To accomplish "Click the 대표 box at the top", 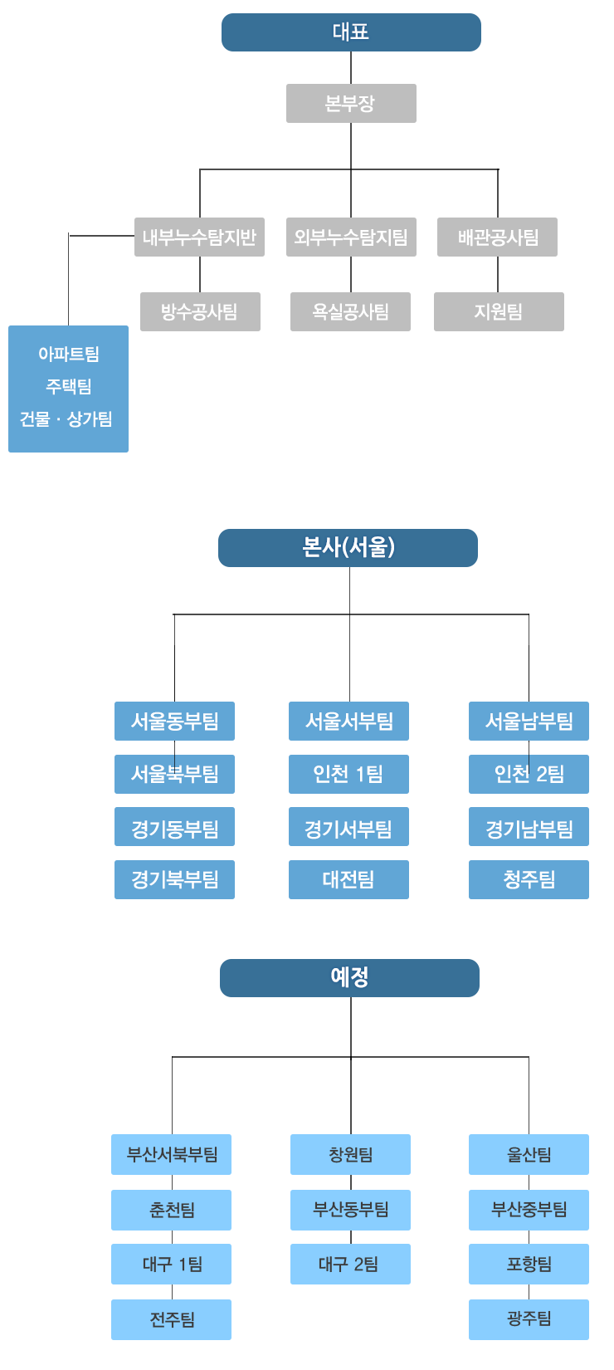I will point(350,32).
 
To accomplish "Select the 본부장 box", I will point(350,103).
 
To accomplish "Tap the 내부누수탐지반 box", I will point(199,237).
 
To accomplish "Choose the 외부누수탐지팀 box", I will point(350,237).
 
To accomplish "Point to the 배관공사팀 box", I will point(498,237).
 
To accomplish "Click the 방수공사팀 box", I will point(199,311).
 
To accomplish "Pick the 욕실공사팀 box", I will point(350,311).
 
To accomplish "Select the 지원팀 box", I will point(498,311).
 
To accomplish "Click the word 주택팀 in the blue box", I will point(69,386).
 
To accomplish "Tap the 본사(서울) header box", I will point(348,547).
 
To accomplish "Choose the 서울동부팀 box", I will point(174,722).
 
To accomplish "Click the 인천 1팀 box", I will point(348,774).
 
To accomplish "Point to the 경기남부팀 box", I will point(529,828).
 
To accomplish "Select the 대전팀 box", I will point(348,879).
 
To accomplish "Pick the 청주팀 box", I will point(529,879).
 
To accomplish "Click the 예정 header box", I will point(349,977).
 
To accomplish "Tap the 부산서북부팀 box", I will point(172,1155).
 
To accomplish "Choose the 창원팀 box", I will point(350,1155).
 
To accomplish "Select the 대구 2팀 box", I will point(350,1265).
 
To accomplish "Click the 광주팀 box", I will point(529,1319).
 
